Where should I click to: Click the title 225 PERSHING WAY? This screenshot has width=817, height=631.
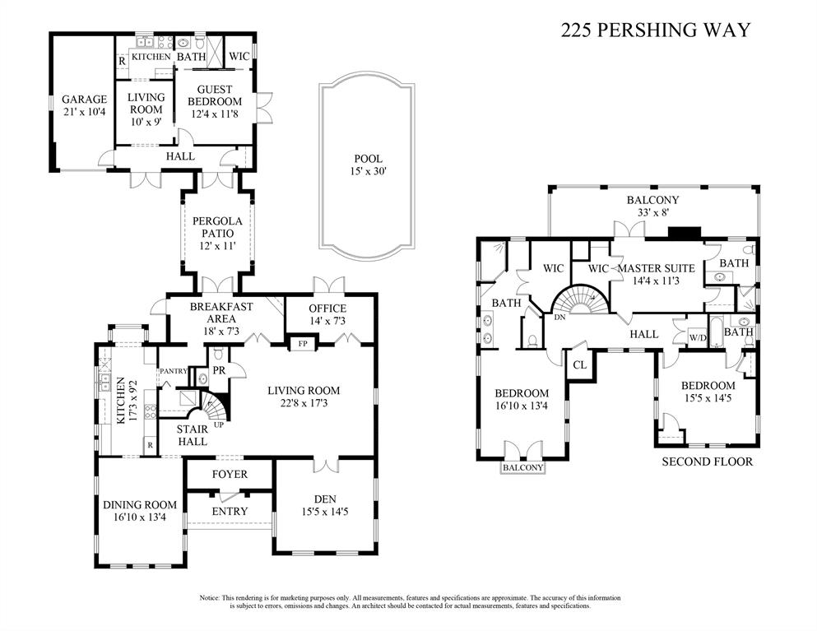tap(655, 30)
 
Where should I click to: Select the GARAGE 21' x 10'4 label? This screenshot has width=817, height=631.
tap(84, 105)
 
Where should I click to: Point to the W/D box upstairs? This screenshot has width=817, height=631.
tap(697, 336)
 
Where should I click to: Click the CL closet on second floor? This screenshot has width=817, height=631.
tap(579, 364)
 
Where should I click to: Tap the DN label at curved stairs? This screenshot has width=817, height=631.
tap(560, 317)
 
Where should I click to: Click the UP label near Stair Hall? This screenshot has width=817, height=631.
tap(219, 425)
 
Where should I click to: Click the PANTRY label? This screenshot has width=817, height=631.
tap(174, 371)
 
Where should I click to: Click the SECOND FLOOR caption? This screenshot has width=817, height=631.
tap(707, 462)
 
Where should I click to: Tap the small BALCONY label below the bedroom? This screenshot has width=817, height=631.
tap(523, 467)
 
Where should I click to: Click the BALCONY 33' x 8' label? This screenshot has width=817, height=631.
tap(652, 206)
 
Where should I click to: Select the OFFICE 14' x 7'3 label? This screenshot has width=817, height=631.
tap(327, 314)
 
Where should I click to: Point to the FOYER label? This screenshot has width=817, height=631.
tap(230, 475)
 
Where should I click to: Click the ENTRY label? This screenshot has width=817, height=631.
tap(230, 511)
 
